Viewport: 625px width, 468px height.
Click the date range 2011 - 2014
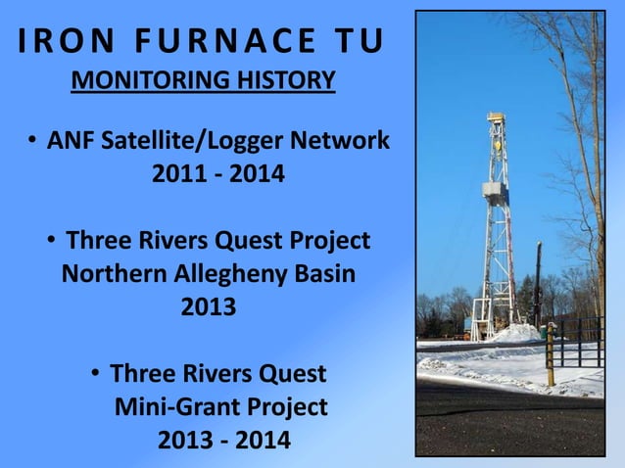pyautogui.click(x=217, y=176)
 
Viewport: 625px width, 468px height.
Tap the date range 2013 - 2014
pyautogui.click(x=224, y=440)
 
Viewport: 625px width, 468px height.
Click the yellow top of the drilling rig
pyautogui.click(x=496, y=117)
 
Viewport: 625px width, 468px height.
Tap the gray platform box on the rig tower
pyautogui.click(x=494, y=190)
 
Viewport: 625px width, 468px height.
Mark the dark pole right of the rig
pyautogui.click(x=538, y=284)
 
